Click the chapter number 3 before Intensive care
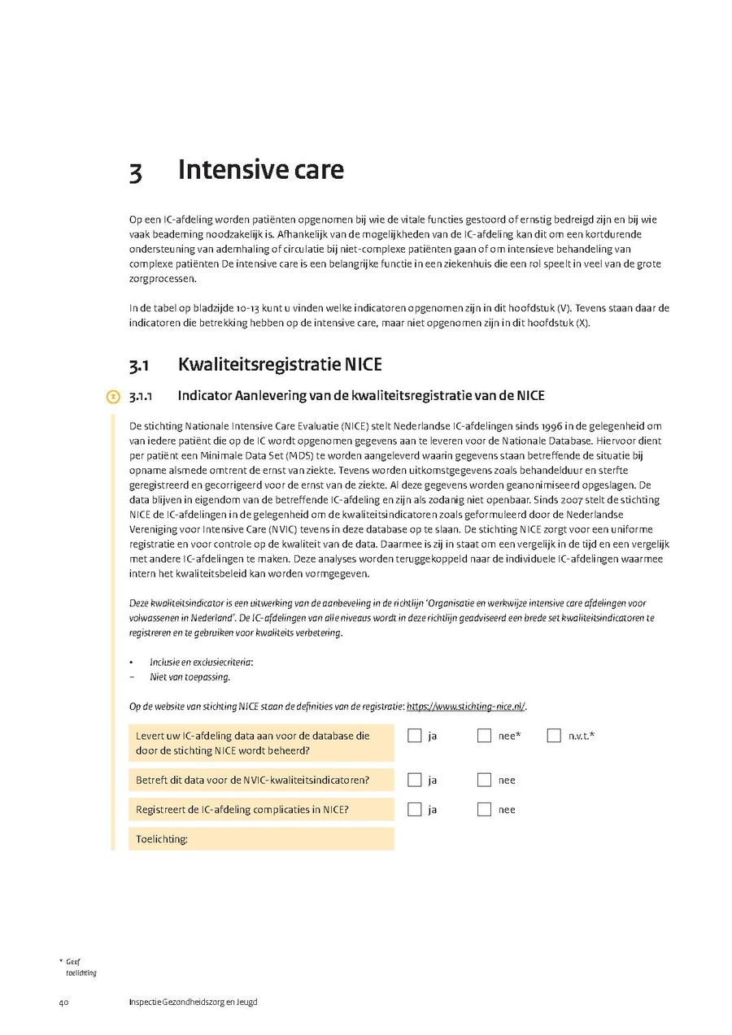136,172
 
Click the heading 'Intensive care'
260,170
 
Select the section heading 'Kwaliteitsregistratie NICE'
279,364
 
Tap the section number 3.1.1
142,397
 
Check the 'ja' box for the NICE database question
415,736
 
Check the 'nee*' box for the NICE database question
485,736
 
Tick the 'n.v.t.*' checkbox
555,736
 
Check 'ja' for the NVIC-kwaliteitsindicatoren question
415,780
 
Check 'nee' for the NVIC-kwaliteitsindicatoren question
485,780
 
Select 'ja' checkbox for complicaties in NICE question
415,809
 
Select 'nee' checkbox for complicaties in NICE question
485,809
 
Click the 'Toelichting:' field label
161,839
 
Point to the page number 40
63,1002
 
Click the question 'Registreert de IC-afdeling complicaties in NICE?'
242,809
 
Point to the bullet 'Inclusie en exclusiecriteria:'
201,663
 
